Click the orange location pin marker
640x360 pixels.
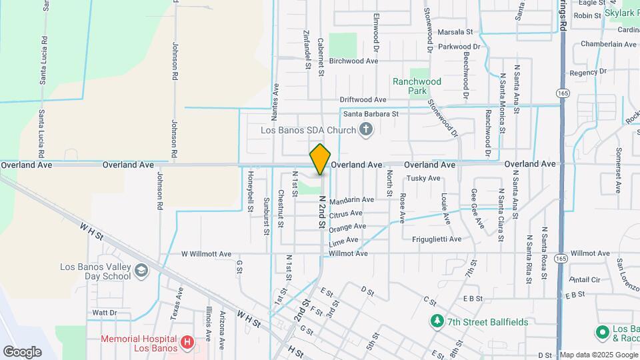320,160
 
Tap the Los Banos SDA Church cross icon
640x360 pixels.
365,130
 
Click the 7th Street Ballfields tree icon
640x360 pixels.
437,322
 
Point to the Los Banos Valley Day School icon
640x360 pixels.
141,271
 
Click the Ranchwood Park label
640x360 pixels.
417,86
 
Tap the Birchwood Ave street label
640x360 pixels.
353,61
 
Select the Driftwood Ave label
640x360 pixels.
363,99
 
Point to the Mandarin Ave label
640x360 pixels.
351,199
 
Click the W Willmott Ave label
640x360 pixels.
206,254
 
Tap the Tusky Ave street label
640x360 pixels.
424,178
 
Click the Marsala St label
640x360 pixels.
455,31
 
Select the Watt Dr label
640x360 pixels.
105,312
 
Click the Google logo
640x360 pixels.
22,351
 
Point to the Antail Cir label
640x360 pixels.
586,279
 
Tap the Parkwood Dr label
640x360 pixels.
459,47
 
